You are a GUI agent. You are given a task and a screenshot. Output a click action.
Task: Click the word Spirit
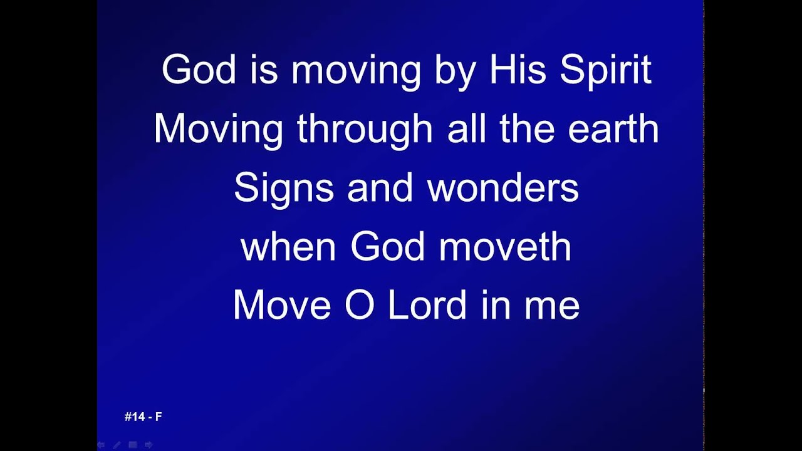605,70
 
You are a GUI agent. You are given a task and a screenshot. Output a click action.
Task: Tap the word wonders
503,188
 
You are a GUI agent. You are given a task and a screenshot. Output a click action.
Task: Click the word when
288,247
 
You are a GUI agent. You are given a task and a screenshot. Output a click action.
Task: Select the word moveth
505,247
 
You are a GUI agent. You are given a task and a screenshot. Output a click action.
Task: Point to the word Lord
427,306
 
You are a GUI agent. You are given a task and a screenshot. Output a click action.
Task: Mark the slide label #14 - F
143,417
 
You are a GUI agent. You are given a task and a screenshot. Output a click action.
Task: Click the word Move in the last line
281,306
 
